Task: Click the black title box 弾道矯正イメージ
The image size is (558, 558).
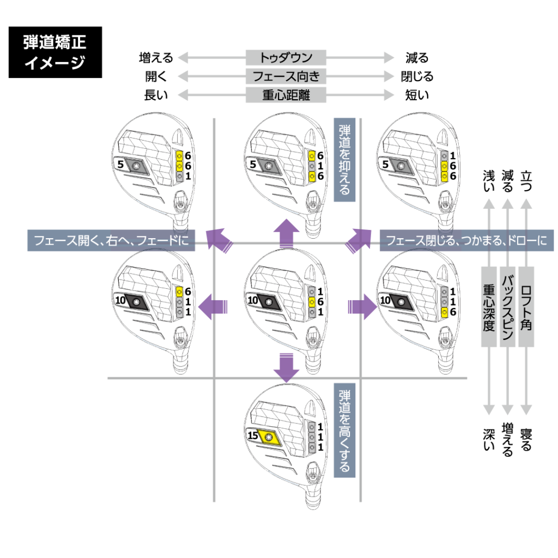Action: [x=55, y=52]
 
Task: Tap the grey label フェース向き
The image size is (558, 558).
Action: [x=286, y=76]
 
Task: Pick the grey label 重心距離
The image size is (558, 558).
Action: [x=286, y=95]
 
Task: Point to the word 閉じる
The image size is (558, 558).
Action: [x=417, y=76]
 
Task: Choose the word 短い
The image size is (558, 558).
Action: [x=417, y=95]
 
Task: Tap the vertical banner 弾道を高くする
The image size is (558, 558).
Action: [x=344, y=430]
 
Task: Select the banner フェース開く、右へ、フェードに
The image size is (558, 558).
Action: [x=111, y=240]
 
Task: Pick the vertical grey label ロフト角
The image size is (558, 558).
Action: [x=526, y=307]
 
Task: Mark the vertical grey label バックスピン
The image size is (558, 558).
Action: [x=508, y=307]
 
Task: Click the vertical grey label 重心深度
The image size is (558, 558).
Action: [x=489, y=307]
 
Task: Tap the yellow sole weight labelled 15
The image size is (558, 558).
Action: [x=268, y=436]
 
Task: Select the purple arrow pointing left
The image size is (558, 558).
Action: [x=213, y=308]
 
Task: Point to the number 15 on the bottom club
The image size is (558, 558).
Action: [x=252, y=436]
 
